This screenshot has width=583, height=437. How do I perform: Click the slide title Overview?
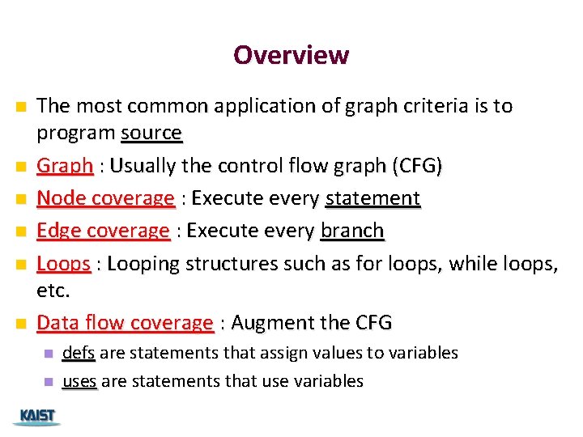[291, 55]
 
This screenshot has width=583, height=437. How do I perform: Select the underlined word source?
[151, 132]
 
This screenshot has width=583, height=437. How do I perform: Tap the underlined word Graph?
[65, 166]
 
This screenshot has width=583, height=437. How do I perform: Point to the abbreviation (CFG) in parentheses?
[417, 166]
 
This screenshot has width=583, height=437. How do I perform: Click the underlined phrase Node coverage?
[105, 198]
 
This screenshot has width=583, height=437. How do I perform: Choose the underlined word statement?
[372, 198]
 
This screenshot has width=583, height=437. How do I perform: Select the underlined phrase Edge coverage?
[104, 231]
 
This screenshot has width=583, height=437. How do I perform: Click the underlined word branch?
[352, 231]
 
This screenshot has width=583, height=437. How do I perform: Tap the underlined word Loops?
[63, 264]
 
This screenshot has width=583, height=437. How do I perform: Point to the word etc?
[53, 290]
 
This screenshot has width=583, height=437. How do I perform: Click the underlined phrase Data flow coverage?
[125, 323]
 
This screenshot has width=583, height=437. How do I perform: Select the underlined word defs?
[79, 353]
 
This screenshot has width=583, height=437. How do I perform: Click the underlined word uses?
[79, 381]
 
